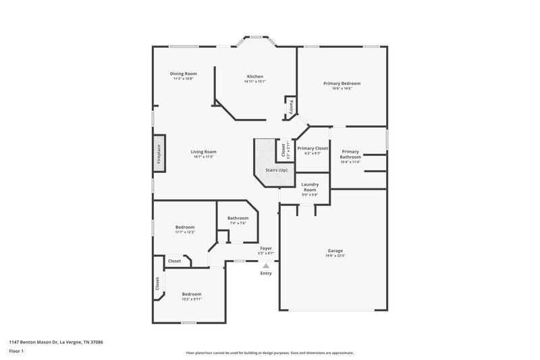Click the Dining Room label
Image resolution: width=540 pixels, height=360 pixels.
point(183,74)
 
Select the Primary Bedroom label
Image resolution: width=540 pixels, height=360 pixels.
point(342,83)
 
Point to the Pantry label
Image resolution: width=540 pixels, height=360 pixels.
point(292,107)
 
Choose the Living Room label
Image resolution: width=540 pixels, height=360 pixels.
point(203,152)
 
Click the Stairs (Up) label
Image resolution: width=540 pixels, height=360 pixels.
point(277,170)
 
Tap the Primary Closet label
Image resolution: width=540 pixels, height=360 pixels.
point(313,148)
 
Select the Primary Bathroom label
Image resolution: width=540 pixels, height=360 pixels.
point(350,154)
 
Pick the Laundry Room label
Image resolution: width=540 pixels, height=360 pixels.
point(310,187)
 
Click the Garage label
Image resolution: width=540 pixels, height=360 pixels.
point(335,251)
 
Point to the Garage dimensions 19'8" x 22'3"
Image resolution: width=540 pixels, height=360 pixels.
point(335,256)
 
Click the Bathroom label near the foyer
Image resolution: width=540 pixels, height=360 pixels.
point(238,218)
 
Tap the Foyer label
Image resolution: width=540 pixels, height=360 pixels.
point(266,248)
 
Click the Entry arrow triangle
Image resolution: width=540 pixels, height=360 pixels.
point(266,266)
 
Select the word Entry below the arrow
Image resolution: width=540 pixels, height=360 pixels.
point(266,273)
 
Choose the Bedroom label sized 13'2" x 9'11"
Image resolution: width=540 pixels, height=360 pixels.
point(192,294)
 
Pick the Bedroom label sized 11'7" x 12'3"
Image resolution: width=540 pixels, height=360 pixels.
point(185,227)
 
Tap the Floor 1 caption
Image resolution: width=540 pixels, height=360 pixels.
point(17,351)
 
